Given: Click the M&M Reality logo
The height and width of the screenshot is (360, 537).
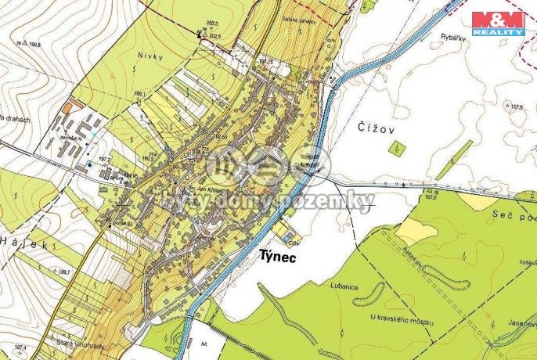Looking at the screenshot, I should coord(498,23).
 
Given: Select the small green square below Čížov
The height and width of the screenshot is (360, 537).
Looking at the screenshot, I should coord(398,147).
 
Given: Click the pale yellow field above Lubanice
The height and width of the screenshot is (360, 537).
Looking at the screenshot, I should coord(416,230).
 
